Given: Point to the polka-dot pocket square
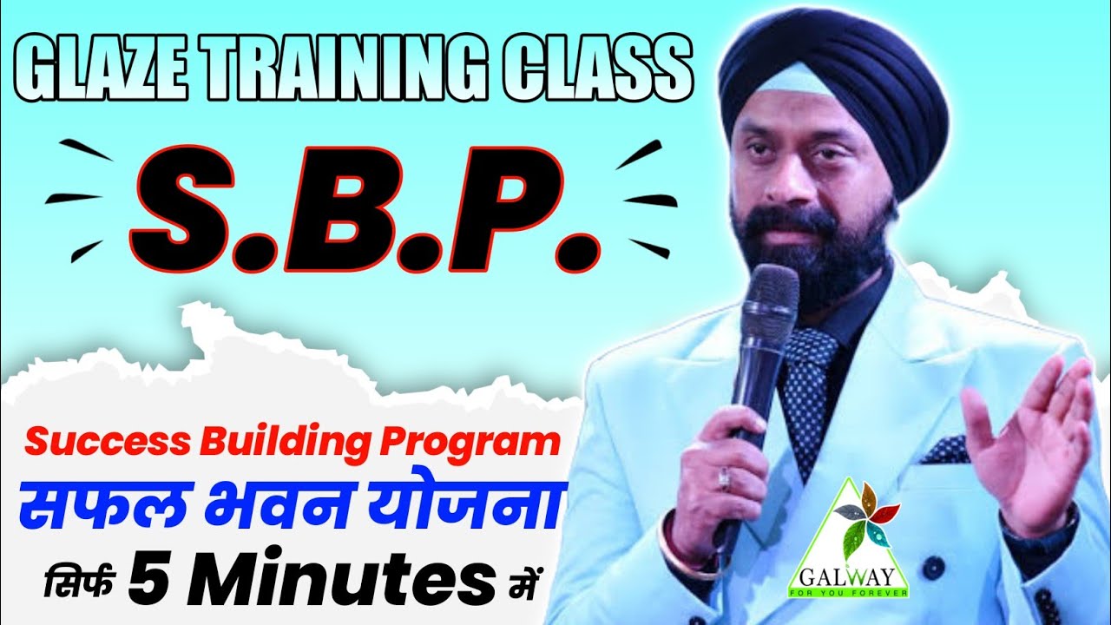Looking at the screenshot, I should point(945,451).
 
